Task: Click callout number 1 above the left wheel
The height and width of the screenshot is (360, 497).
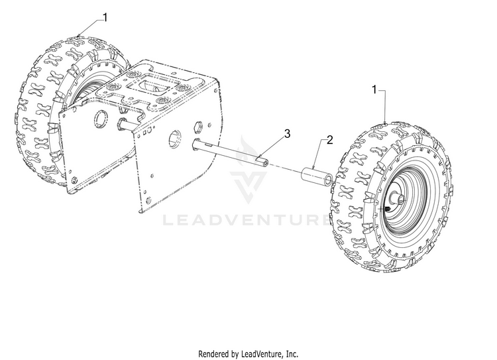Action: [105, 17]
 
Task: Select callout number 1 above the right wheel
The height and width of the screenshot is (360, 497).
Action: [374, 90]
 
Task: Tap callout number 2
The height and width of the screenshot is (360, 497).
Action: [329, 140]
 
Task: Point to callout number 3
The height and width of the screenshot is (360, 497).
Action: [287, 133]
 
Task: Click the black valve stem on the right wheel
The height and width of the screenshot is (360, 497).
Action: [387, 209]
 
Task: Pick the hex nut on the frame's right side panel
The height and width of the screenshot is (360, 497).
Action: [197, 127]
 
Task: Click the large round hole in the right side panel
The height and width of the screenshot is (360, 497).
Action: [174, 139]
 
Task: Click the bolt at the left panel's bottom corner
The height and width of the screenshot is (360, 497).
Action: [74, 180]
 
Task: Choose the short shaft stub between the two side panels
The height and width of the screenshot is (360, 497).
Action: [129, 124]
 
